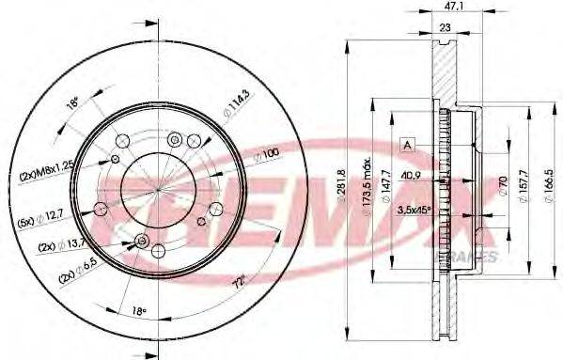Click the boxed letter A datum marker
tap(407, 144)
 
